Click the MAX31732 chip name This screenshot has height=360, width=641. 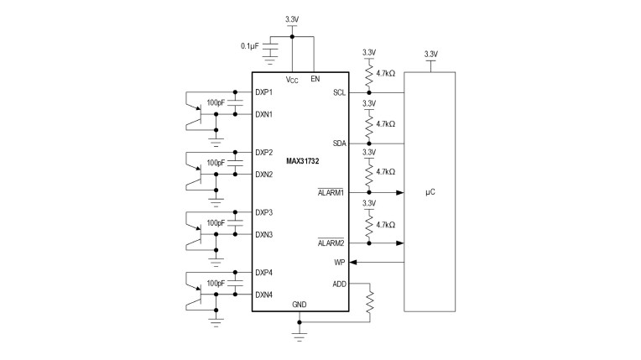pyautogui.click(x=303, y=161)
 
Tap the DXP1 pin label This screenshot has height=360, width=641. pyautogui.click(x=263, y=92)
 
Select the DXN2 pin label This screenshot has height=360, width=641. pyautogui.click(x=263, y=175)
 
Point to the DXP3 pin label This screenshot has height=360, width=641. pyautogui.click(x=263, y=213)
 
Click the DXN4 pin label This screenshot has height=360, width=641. pyautogui.click(x=263, y=295)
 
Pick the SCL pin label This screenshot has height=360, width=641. pyautogui.click(x=339, y=93)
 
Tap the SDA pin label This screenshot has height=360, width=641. pyautogui.click(x=339, y=143)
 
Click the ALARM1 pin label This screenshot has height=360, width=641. pyautogui.click(x=331, y=193)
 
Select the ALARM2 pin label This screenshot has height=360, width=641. pyautogui.click(x=331, y=243)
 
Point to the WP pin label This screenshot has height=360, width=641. pyautogui.click(x=340, y=262)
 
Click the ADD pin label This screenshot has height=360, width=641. pyautogui.click(x=339, y=284)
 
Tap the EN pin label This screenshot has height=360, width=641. pyautogui.click(x=315, y=79)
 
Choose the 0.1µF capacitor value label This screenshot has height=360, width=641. pyautogui.click(x=250, y=46)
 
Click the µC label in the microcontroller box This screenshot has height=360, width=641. pyautogui.click(x=430, y=192)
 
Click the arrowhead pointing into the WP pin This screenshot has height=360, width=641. pyautogui.click(x=352, y=262)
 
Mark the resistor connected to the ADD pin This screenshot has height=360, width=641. pyautogui.click(x=370, y=302)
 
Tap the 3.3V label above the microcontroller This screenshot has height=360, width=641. pyautogui.click(x=431, y=54)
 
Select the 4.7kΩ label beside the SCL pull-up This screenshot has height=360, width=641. pyautogui.click(x=385, y=74)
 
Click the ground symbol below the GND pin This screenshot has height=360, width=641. pyautogui.click(x=300, y=337)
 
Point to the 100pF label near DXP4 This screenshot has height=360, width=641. pyautogui.click(x=216, y=284)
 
